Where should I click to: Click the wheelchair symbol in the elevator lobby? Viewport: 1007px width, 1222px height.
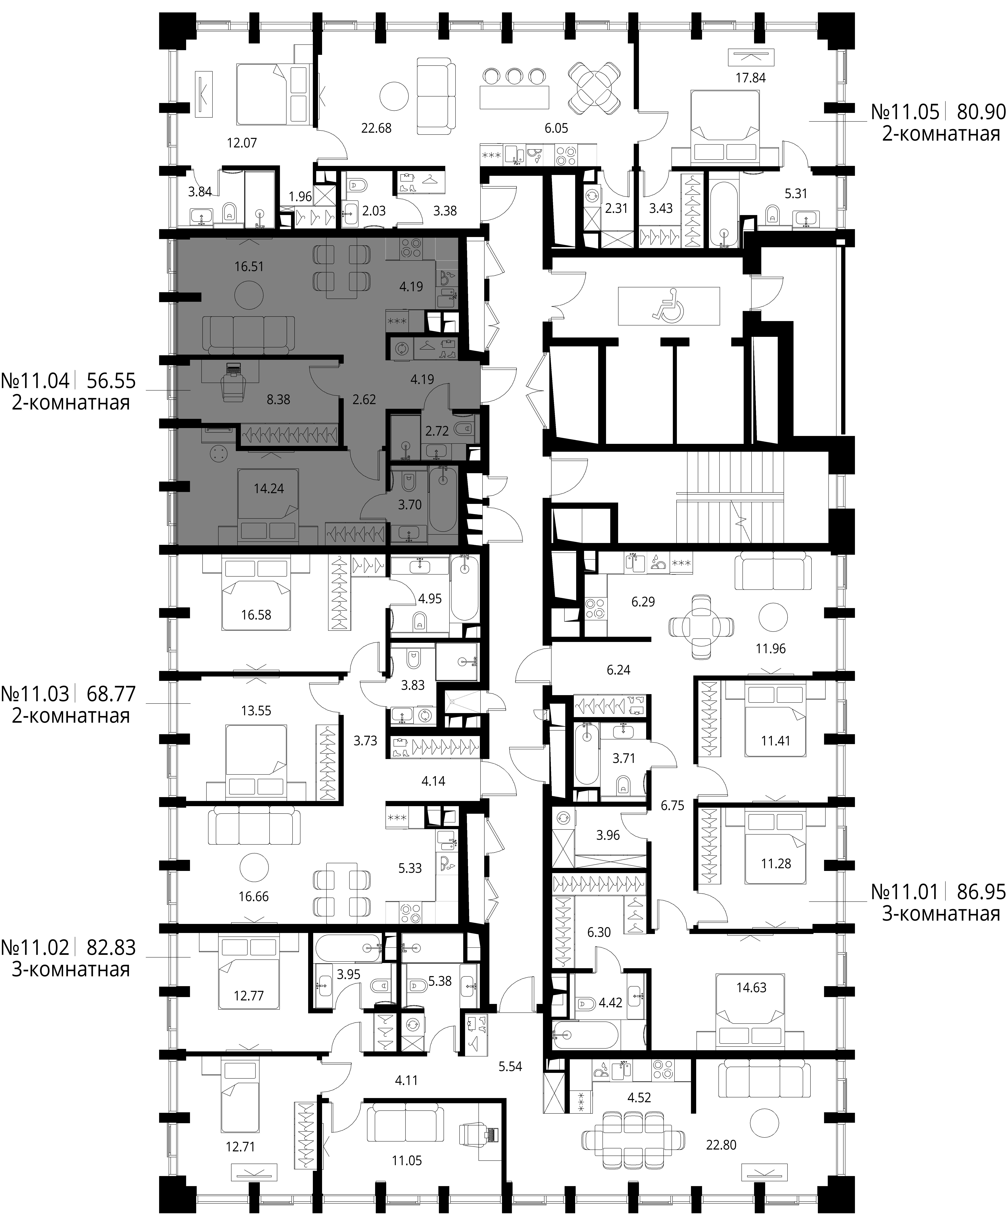668,305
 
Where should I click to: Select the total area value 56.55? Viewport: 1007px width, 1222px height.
111,381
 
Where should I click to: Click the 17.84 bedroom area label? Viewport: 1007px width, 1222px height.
751,78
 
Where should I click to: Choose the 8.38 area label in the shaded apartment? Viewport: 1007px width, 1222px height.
278,399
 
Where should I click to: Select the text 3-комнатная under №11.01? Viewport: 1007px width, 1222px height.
941,914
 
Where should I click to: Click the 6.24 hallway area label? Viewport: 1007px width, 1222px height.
618,670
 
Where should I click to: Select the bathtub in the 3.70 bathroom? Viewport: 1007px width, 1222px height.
443,500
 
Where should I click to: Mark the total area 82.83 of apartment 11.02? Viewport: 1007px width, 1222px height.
111,947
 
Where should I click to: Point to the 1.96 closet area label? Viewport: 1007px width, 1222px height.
300,197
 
